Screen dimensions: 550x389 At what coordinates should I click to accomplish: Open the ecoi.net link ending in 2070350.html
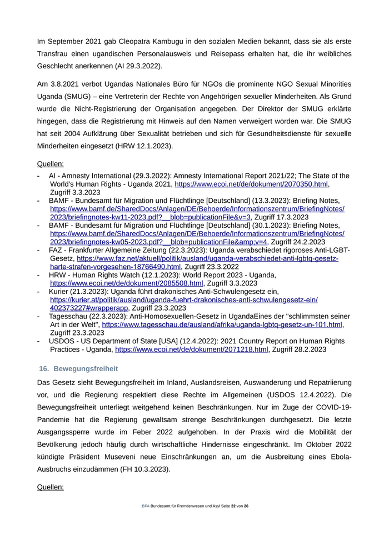[251, 184]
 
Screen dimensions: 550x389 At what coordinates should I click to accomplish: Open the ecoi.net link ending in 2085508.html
[127, 283]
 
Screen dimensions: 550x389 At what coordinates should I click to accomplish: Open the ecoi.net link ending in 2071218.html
[192, 349]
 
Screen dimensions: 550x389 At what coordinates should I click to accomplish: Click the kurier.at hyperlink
[183, 299]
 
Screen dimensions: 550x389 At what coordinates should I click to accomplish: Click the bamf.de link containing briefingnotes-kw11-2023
[197, 209]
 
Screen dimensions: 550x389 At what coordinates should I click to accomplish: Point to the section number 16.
[43, 369]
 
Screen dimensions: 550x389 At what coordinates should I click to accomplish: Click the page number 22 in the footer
[233, 506]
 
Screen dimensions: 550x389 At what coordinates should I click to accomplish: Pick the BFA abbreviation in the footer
[146, 506]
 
